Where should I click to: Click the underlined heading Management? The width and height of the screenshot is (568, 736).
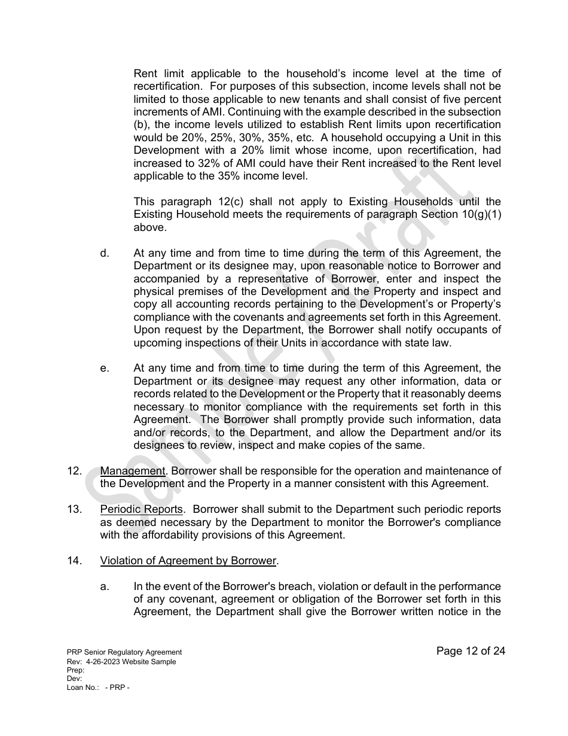(132, 471)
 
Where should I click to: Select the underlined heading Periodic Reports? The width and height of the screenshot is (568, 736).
(141, 509)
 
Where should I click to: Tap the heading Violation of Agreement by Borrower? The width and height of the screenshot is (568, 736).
(188, 561)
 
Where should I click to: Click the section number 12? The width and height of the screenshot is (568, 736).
(74, 471)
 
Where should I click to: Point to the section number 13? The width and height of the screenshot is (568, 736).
(74, 509)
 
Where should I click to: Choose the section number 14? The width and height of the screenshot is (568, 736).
(74, 561)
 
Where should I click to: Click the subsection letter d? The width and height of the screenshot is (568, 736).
(105, 253)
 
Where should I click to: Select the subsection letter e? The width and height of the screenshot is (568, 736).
(105, 369)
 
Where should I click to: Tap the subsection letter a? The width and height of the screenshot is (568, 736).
(105, 586)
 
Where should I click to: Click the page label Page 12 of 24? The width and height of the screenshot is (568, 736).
(471, 651)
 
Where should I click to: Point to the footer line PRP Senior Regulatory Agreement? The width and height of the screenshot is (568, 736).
(124, 652)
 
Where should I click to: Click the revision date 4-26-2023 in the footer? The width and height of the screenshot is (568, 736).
(110, 661)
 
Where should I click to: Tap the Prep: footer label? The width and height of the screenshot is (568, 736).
(75, 670)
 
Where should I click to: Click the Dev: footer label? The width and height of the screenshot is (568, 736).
(74, 679)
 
